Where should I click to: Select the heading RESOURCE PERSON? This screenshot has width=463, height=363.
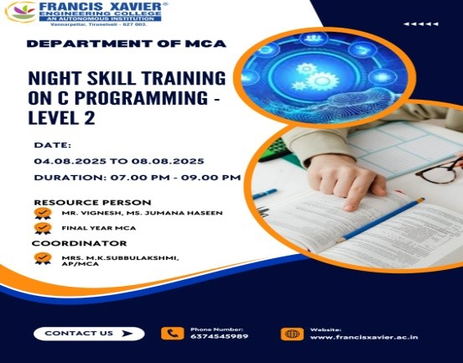[x=92, y=202]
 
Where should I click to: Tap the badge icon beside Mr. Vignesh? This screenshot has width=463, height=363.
[x=43, y=213]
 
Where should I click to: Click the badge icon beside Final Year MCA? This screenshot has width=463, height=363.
[x=43, y=228]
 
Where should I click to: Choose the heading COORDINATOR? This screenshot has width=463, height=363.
[x=79, y=243]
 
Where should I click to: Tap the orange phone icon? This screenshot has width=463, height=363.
[x=172, y=334]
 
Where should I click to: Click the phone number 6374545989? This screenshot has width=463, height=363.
[x=219, y=336]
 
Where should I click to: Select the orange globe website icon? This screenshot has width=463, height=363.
[x=292, y=334]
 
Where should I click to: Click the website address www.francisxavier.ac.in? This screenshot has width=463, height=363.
[x=364, y=337]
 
